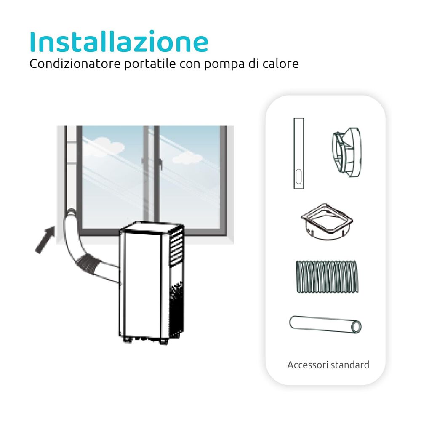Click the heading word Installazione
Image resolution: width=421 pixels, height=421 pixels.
119,41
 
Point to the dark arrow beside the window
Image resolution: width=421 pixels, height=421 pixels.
45,240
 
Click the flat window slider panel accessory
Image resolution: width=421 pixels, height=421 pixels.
298,153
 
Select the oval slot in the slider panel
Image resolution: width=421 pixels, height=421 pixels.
298,176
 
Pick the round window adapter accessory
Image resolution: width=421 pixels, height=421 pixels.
347,152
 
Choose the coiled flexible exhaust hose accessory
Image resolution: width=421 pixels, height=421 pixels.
327,277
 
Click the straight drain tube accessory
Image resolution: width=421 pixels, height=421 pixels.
325,325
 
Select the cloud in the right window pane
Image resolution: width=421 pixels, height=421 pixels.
187,158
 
